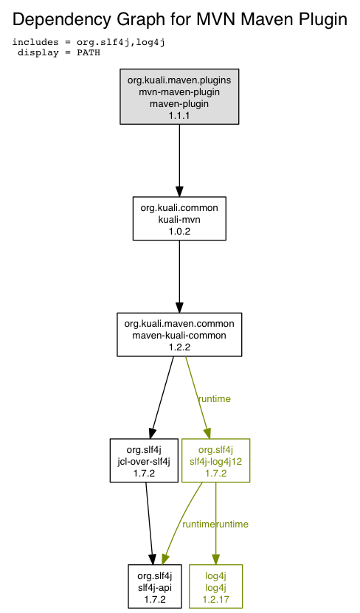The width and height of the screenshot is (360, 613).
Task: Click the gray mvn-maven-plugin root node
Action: [179, 97]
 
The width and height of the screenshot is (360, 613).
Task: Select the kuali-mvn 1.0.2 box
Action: [179, 218]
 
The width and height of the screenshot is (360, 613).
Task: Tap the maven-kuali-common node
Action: [179, 335]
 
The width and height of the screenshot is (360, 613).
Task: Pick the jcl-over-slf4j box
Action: [145, 460]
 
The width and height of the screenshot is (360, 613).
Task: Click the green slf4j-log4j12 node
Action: [215, 460]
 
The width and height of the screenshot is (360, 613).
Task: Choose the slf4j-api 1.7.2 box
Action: [155, 586]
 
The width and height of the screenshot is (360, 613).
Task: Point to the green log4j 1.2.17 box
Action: [215, 586]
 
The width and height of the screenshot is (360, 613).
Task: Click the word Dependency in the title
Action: [61, 19]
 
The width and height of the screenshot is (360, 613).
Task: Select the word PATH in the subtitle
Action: [89, 52]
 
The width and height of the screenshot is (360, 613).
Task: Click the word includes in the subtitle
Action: [35, 42]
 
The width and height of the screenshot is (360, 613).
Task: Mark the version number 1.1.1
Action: [179, 115]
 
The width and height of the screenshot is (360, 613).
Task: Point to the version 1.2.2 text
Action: [179, 347]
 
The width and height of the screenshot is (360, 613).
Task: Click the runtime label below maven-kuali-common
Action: [215, 399]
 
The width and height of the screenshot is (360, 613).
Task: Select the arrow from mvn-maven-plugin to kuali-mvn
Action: [179, 160]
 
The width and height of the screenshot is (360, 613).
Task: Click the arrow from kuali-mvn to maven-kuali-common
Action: [179, 277]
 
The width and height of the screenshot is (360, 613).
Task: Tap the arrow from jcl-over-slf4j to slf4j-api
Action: [150, 523]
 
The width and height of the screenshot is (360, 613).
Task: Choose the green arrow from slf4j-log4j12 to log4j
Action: [215, 523]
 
